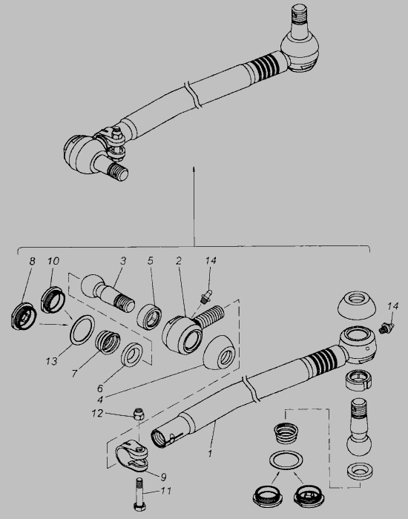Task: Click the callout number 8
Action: (x=32, y=262)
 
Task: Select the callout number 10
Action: (x=53, y=261)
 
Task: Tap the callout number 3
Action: (x=123, y=261)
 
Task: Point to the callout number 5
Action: (x=151, y=261)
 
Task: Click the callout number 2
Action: (x=179, y=261)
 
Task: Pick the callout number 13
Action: (x=52, y=361)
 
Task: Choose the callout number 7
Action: (x=74, y=374)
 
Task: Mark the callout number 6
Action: (x=100, y=388)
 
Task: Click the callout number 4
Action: (x=100, y=400)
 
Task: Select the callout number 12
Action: (x=97, y=414)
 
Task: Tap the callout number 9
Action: (x=163, y=477)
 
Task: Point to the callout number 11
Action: (x=165, y=491)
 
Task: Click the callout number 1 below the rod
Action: (x=210, y=453)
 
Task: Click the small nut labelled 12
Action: (x=139, y=414)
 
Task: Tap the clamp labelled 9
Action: (x=132, y=456)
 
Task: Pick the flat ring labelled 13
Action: (x=82, y=330)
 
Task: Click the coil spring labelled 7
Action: (x=108, y=343)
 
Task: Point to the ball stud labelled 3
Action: (x=108, y=293)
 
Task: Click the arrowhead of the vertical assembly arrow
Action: (x=194, y=169)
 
